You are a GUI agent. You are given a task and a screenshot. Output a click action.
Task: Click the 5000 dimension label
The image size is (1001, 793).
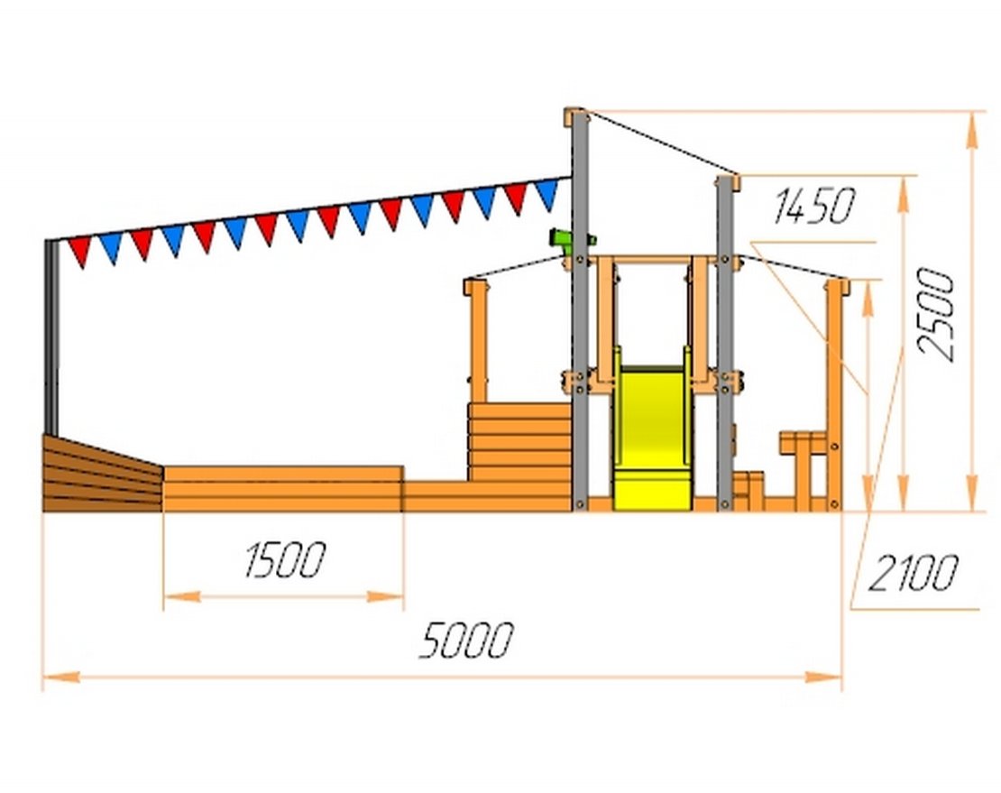coord(466,640)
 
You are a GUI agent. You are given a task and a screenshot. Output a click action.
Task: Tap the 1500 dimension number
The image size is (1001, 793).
coord(285,560)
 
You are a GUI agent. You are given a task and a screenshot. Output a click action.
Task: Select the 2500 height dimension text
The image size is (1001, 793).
coord(936,314)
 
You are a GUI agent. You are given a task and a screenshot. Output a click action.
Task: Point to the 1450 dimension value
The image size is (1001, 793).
coord(814,206)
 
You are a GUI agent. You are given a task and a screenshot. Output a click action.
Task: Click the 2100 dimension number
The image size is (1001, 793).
coord(913,573)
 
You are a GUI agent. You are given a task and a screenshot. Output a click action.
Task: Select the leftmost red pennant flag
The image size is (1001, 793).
coord(79,251)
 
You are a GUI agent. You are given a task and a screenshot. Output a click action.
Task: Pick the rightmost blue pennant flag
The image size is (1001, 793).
coord(547,193)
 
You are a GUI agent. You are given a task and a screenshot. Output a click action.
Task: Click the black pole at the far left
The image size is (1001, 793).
coord(51,337)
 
